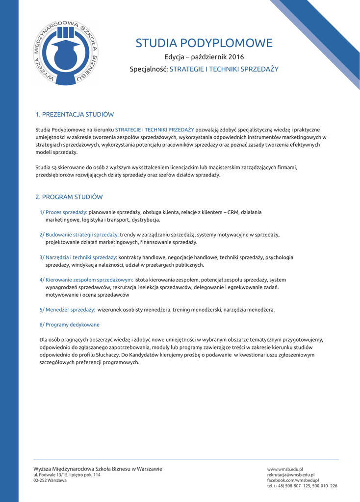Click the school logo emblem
coord(65,53)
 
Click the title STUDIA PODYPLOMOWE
coord(204,43)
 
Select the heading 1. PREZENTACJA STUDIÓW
coord(75,115)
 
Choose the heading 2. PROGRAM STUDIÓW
coord(69,197)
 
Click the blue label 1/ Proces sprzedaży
coord(63,212)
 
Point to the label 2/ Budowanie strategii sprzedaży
coord(78,235)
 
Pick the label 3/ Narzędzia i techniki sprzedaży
coord(78,257)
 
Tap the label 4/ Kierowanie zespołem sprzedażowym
coord(86,280)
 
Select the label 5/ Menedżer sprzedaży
coord(67,310)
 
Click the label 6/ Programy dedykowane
coord(69,325)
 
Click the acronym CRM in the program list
coord(233,212)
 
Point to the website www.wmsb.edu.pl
coord(285,469)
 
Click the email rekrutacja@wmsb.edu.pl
coord(291,475)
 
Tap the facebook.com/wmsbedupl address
coord(293,480)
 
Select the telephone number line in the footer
coord(302,486)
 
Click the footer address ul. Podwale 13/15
coord(67,475)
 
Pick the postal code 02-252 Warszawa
coord(50,480)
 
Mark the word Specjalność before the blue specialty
coord(148,69)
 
